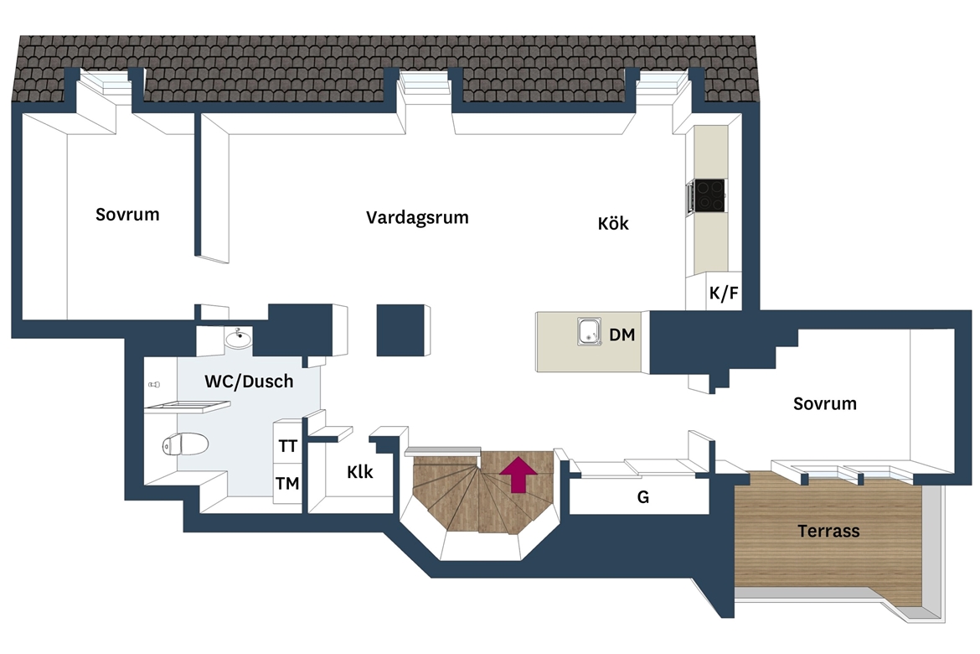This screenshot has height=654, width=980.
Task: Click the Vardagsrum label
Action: (x=417, y=218)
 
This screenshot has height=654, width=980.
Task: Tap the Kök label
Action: (x=612, y=223)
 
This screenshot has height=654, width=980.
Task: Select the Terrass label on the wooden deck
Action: (x=828, y=532)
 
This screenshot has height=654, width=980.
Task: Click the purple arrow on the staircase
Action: (x=518, y=475)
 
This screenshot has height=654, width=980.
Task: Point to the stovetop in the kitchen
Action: (x=710, y=195)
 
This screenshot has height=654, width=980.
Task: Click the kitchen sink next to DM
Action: (x=590, y=331)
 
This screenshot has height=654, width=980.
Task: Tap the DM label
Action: (x=622, y=335)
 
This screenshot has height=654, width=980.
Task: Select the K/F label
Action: (x=724, y=293)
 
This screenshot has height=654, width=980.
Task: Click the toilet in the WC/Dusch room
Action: (x=185, y=444)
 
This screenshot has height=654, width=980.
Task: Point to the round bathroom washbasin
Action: (x=238, y=339)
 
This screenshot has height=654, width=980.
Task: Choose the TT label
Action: (x=287, y=446)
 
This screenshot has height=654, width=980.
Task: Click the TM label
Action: (x=287, y=483)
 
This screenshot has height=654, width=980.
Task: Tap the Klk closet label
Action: (x=360, y=472)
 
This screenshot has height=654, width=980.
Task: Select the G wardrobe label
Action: (x=643, y=497)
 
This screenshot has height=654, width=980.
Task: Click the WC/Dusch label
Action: (x=249, y=381)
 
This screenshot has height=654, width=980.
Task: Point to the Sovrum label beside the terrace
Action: (x=825, y=403)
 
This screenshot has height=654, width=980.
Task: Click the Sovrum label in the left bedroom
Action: (x=127, y=215)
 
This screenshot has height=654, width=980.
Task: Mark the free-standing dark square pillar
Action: (x=400, y=330)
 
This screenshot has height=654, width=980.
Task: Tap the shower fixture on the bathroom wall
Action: (x=154, y=384)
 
